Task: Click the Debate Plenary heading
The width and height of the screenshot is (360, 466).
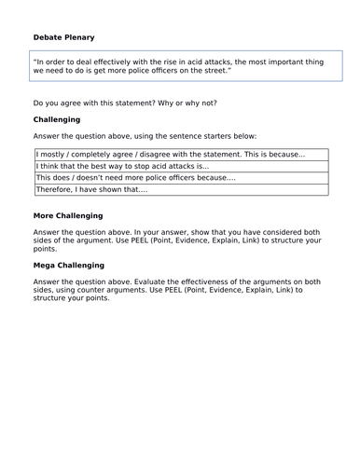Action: [63, 37]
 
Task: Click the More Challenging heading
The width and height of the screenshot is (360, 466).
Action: [67, 215]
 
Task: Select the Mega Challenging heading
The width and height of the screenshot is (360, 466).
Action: [68, 266]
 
